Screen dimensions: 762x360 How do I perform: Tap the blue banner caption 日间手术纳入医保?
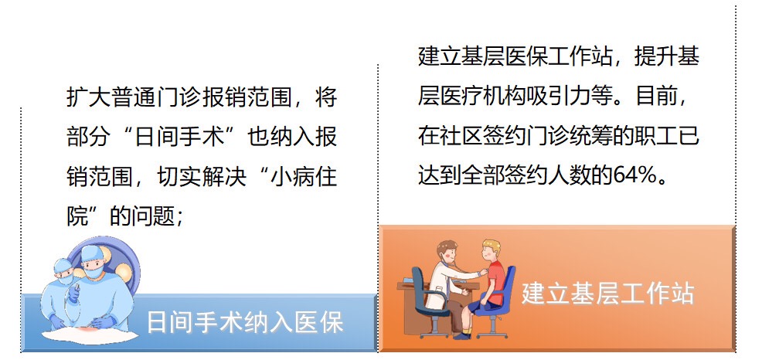tap(246, 322)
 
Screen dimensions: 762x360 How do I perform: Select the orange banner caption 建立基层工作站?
tap(608, 293)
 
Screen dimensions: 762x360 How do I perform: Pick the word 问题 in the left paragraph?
tap(152, 216)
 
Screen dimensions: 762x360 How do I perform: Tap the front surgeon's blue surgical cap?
tap(91, 253)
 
